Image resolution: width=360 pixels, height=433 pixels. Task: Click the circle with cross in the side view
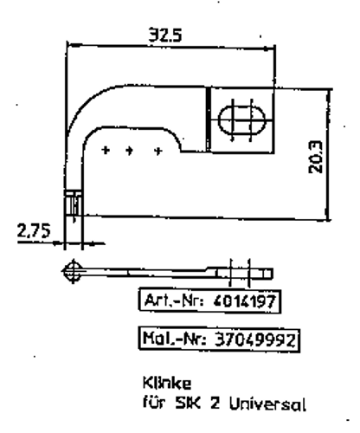(73, 269)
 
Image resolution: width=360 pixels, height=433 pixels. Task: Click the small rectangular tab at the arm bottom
(73, 206)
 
